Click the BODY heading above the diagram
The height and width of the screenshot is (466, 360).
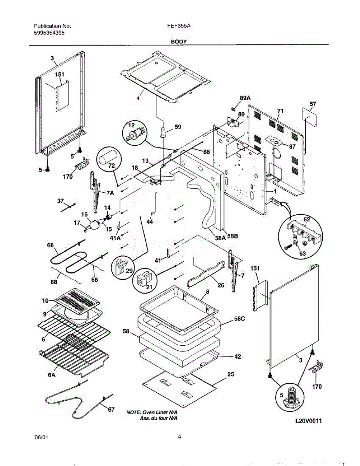pos(179,41)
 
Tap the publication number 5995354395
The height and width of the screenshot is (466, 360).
pos(49,33)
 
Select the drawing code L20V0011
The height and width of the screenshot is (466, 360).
pos(309,421)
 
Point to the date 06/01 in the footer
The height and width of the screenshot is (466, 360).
pos(42,437)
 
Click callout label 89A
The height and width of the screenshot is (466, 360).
pos(245,99)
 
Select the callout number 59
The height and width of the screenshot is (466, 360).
pos(178,127)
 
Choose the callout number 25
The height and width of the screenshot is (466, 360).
pos(231,374)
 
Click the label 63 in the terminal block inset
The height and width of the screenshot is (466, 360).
pos(302,254)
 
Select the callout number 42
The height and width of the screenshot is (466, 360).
pos(237,356)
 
